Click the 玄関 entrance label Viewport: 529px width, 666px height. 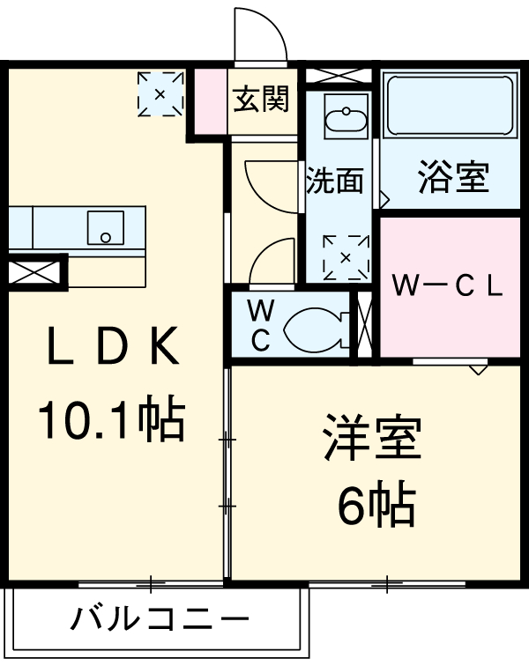(261, 100)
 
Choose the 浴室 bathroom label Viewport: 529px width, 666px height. (452, 179)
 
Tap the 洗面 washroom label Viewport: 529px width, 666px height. (335, 181)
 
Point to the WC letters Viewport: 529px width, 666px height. (260, 326)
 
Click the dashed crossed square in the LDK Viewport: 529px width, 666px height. (160, 92)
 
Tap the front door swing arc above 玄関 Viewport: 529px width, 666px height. (262, 35)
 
